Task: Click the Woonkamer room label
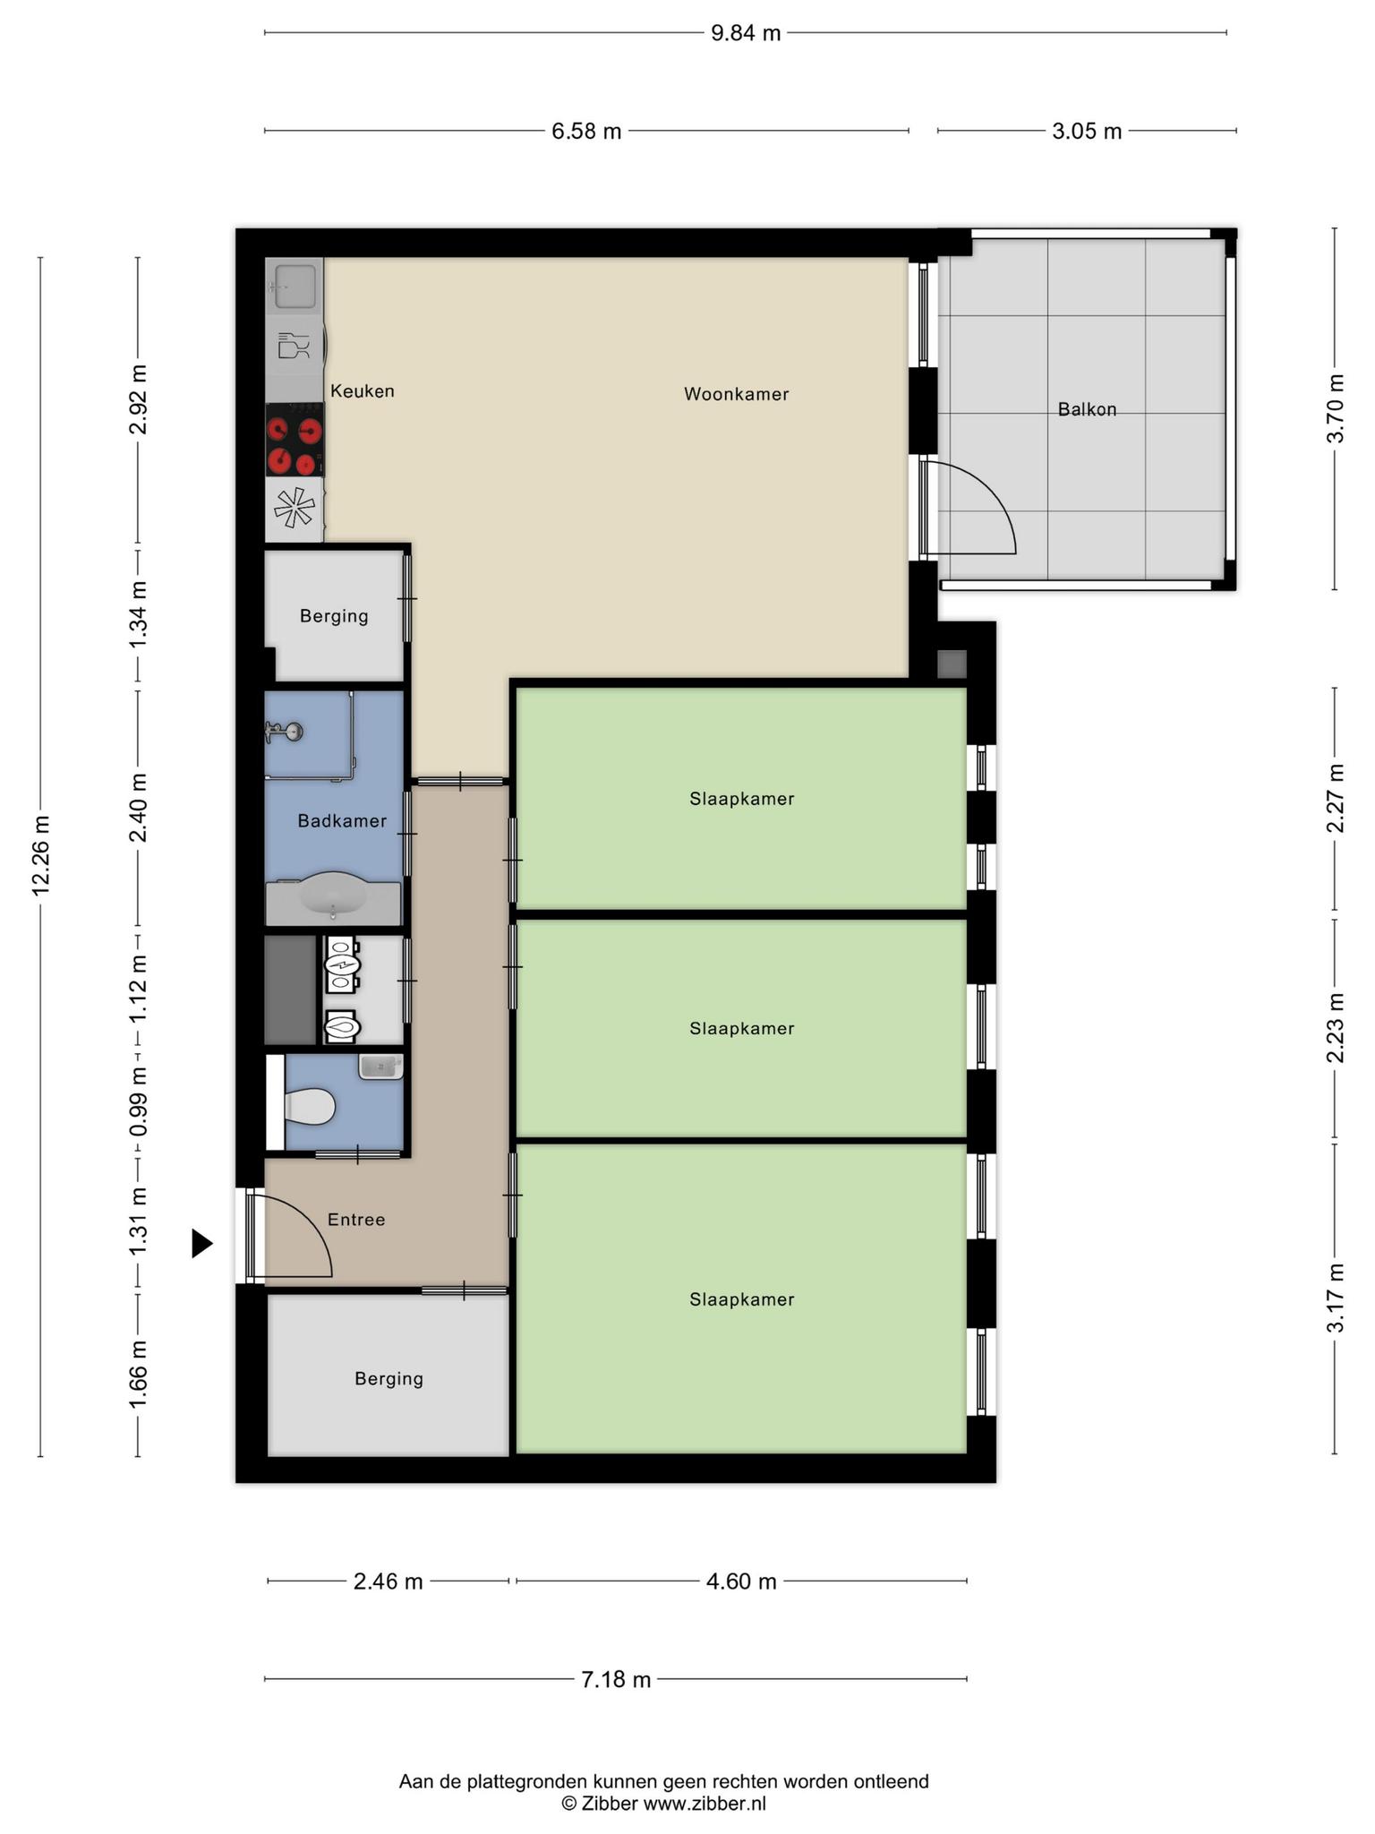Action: pos(736,394)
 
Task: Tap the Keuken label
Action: pos(362,391)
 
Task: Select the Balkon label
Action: pos(1087,409)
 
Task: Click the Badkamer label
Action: pos(342,821)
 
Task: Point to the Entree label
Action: pos(356,1220)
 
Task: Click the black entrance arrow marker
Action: pos(202,1243)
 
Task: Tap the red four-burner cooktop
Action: pos(295,440)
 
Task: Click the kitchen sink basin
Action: pos(294,286)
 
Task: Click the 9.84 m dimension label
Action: pos(746,33)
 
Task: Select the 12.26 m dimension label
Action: pos(40,855)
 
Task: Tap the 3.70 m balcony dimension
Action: pos(1335,408)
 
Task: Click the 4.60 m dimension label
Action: pos(741,1607)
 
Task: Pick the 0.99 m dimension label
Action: pos(138,1102)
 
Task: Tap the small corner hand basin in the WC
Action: pos(381,1067)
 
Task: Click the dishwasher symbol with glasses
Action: pos(295,346)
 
